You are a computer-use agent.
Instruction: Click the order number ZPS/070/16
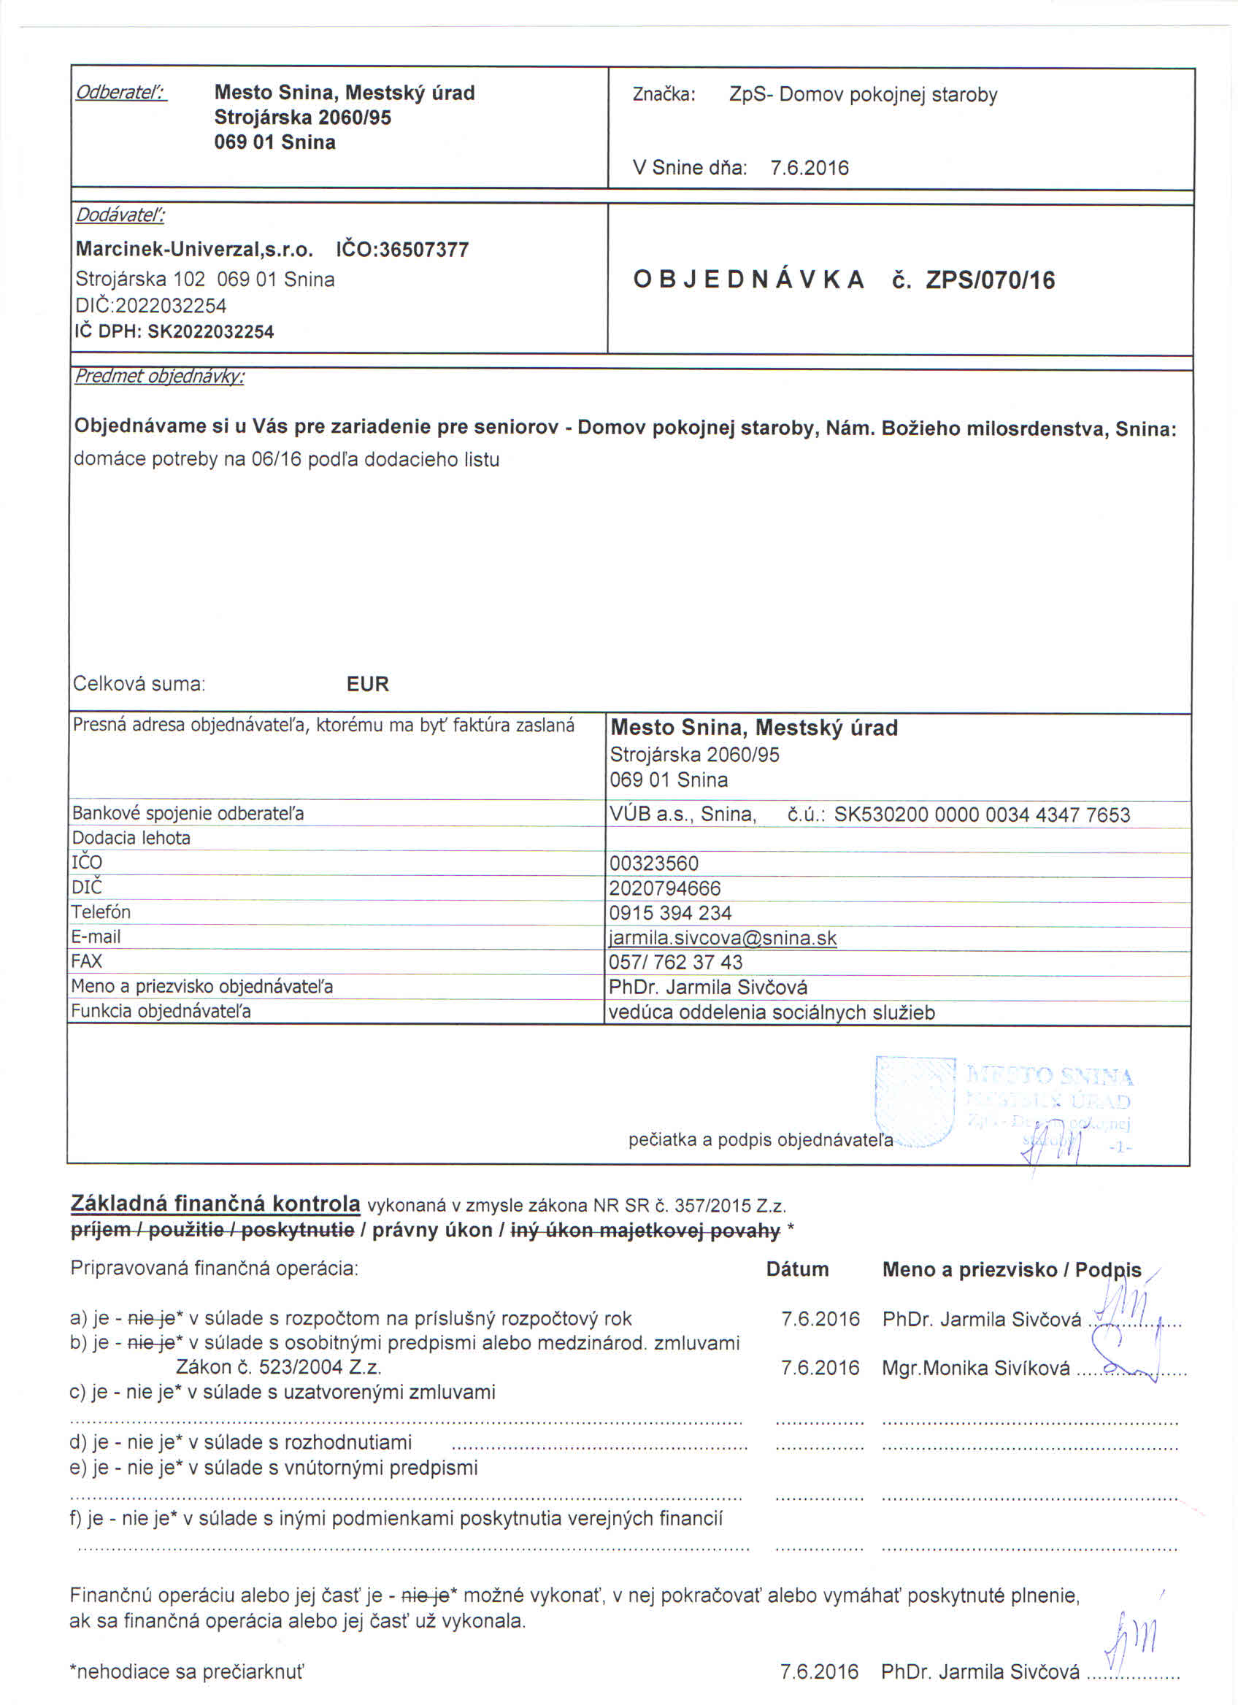coord(990,280)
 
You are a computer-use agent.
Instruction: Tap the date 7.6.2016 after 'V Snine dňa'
coord(809,168)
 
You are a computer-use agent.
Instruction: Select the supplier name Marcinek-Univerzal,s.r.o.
coord(194,250)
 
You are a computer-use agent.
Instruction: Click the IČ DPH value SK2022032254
coord(210,331)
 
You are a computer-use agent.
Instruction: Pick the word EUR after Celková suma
coord(368,684)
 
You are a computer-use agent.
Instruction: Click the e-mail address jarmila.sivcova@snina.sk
coord(723,938)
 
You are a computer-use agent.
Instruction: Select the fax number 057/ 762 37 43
coord(675,962)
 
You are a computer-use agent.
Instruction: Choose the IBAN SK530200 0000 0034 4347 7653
coord(982,815)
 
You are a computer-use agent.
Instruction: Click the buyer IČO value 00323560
coord(654,863)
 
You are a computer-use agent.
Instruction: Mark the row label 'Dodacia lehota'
coord(131,838)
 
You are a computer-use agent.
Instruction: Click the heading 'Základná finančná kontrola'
coord(215,1204)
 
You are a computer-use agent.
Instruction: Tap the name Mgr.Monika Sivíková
coord(976,1369)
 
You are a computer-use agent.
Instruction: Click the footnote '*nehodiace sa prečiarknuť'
coord(186,1672)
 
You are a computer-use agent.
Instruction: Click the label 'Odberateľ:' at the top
coord(120,93)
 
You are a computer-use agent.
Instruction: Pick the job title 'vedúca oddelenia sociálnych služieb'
coord(772,1012)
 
